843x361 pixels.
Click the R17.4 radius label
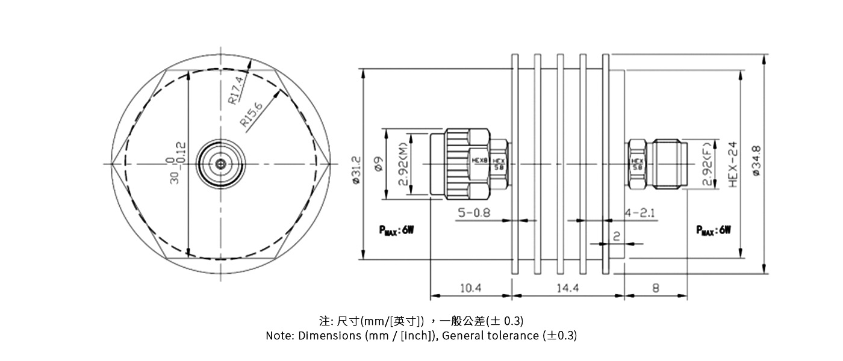coord(237,90)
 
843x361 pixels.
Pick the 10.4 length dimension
coord(470,288)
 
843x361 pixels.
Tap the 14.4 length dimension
coord(567,288)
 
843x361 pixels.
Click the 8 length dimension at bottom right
coord(656,288)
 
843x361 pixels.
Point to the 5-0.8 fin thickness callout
coord(474,212)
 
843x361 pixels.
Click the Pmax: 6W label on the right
coord(714,230)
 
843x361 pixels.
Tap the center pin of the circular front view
coord(221,163)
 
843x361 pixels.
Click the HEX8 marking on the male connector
coord(479,161)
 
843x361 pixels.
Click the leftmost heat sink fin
coord(514,163)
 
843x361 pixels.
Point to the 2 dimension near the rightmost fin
coord(616,236)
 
